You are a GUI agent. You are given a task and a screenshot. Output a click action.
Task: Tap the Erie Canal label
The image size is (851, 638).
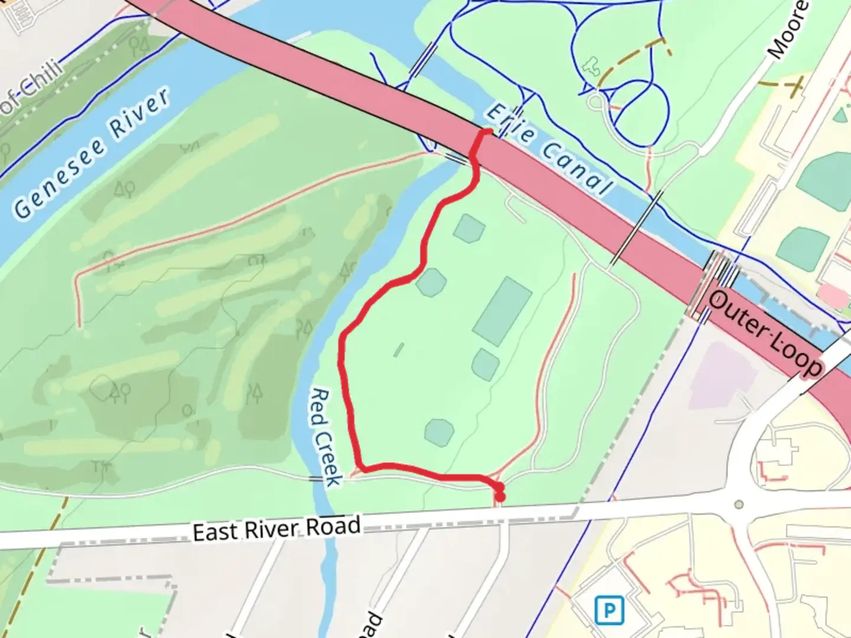point(548,150)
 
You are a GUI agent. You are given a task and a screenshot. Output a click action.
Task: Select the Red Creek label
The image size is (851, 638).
point(326,437)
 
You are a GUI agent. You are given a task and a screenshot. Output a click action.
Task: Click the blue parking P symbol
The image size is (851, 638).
point(609,610)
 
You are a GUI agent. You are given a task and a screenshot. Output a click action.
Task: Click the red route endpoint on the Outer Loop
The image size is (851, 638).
point(488,131)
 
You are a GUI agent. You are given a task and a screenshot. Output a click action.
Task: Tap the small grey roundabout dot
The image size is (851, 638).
point(738,504)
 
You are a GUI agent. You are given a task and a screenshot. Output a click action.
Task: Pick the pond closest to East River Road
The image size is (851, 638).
point(439,432)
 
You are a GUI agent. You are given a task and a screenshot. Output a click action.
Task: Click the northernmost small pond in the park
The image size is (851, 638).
point(469,228)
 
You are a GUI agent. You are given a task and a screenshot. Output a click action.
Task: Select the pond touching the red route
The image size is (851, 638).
point(431,282)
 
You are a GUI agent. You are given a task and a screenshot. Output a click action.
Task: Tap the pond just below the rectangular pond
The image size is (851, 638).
point(485,364)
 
